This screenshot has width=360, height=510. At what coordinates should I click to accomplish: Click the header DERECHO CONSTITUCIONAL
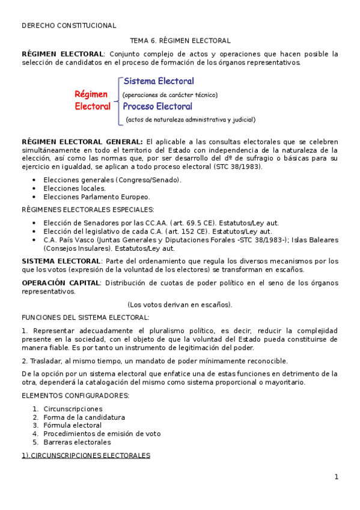pos(69,26)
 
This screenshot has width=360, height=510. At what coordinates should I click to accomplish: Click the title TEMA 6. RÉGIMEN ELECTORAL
pos(180,41)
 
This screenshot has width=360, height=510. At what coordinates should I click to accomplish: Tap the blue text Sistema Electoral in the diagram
pos(159,81)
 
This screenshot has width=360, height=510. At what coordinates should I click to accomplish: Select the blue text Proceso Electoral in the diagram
pos(157,106)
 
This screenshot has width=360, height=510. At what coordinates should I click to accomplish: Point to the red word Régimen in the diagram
pos(91,94)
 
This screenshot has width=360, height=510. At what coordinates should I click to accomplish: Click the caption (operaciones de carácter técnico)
pos(170,95)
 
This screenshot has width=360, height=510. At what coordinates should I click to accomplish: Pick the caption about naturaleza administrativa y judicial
pos(191,120)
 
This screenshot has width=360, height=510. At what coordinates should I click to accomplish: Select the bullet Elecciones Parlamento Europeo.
pos(96,197)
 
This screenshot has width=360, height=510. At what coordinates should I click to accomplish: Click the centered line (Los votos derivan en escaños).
pos(180,304)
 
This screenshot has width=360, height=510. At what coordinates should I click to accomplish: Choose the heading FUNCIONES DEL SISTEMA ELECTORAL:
pos(85,317)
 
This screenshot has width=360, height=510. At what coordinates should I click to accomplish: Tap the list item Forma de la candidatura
pos(84,417)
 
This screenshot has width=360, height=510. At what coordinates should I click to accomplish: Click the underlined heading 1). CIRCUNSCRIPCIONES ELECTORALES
pos(85,456)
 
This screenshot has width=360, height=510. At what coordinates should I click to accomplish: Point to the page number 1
pos(337,478)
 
